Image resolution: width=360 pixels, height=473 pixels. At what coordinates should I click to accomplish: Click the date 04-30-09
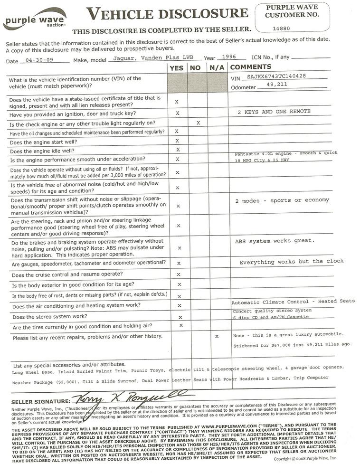pyautogui.click(x=37, y=61)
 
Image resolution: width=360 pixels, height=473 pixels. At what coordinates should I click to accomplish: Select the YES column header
pyautogui.click(x=176, y=68)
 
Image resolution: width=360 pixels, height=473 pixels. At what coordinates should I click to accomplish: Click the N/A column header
pyautogui.click(x=217, y=68)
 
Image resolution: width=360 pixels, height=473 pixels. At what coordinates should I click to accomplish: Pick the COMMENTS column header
pyautogui.click(x=251, y=67)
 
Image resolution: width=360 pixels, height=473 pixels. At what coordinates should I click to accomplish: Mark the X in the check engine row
pyautogui.click(x=198, y=123)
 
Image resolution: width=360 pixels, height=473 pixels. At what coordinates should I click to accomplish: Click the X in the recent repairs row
pyautogui.click(x=217, y=336)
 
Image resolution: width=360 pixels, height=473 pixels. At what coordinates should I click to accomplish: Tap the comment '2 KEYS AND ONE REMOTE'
pyautogui.click(x=274, y=112)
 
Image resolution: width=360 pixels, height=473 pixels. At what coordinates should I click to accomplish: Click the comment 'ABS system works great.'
pyautogui.click(x=275, y=241)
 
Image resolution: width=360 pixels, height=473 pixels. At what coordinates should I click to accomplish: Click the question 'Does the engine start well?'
pyautogui.click(x=43, y=142)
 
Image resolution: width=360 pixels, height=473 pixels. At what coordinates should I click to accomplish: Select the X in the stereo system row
pyautogui.click(x=180, y=317)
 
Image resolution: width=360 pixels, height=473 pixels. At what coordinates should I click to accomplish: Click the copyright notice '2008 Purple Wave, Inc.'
pyautogui.click(x=304, y=458)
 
